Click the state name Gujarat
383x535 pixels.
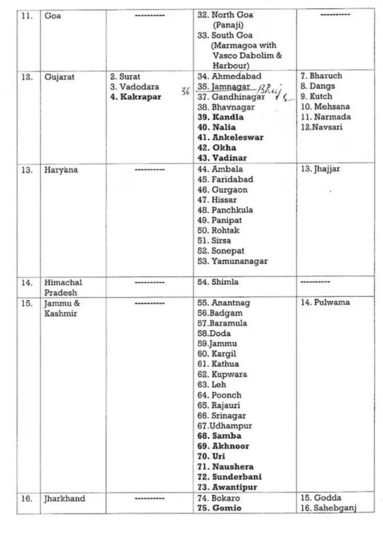click(x=59, y=77)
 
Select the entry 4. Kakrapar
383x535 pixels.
click(x=136, y=97)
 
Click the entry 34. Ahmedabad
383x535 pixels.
click(x=229, y=77)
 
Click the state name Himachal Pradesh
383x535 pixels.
click(x=63, y=287)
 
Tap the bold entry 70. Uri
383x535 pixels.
click(x=211, y=456)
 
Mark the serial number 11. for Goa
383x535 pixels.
click(x=26, y=16)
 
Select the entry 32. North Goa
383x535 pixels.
click(x=225, y=16)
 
